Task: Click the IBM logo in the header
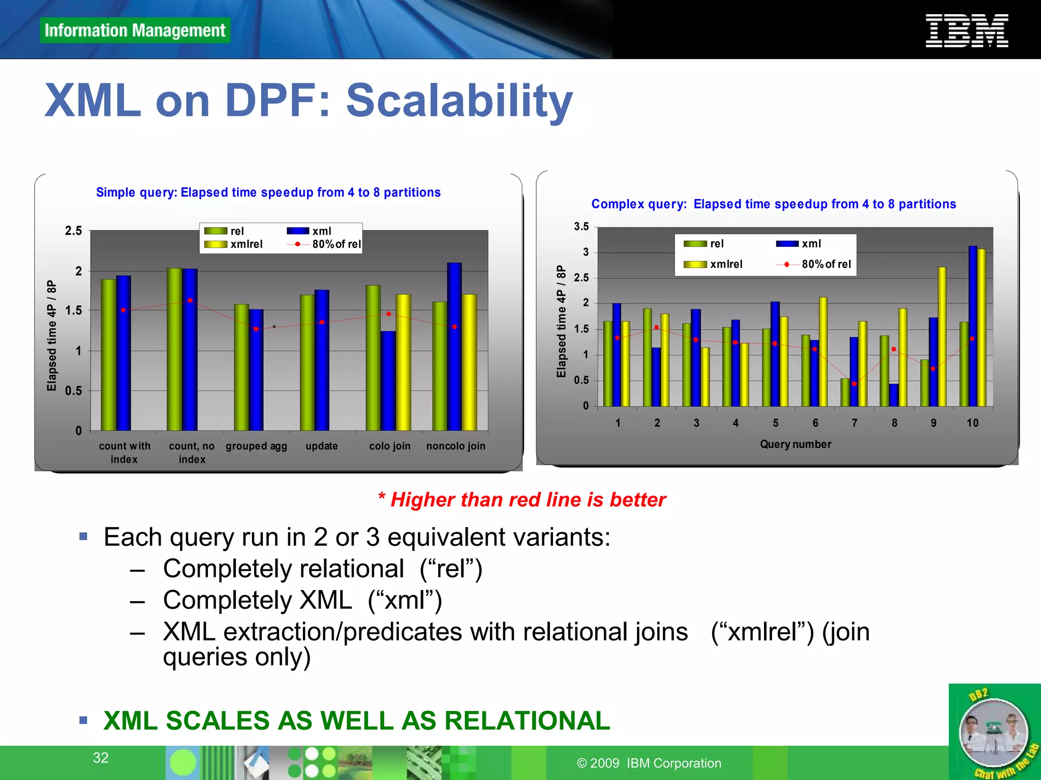[x=966, y=31]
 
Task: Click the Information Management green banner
[x=135, y=30]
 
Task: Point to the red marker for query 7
[x=854, y=384]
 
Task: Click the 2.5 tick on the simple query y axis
[x=73, y=231]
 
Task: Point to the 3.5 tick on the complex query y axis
[x=581, y=226]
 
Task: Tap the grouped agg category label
[x=256, y=446]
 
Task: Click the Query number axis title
[x=795, y=444]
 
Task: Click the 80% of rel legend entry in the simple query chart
[x=325, y=244]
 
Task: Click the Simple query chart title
[x=268, y=192]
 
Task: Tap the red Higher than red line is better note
[x=522, y=500]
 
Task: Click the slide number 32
[x=101, y=758]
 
